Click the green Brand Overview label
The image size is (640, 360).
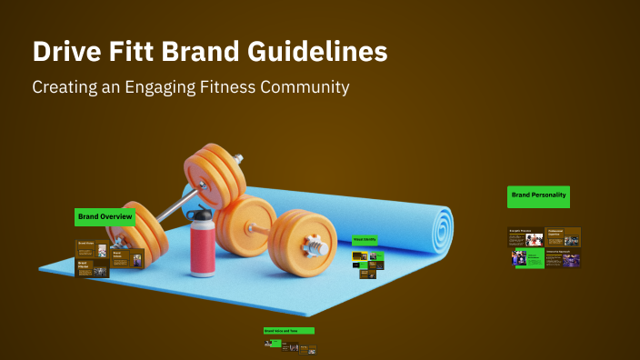click(105, 217)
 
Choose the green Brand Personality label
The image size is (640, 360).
click(538, 195)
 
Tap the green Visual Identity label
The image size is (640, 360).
click(364, 240)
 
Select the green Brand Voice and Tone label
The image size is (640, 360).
click(288, 331)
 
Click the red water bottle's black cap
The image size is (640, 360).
click(202, 215)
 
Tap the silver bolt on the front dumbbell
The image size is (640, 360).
click(315, 245)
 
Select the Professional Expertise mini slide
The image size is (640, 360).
click(563, 237)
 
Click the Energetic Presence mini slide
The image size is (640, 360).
click(525, 237)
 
